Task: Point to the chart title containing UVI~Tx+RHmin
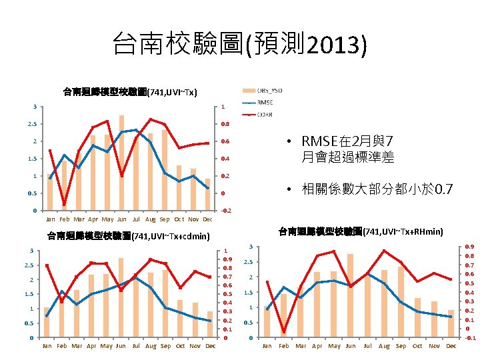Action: point(360,231)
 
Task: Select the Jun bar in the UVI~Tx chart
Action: point(121,163)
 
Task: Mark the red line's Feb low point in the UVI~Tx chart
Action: point(64,204)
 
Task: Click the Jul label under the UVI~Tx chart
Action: point(136,219)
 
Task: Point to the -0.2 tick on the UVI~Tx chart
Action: point(225,211)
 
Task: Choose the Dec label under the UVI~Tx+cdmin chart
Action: point(210,346)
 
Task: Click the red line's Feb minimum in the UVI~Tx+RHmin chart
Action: point(284,331)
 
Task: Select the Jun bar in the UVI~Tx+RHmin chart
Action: point(351,295)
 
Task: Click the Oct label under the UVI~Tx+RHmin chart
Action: point(417,346)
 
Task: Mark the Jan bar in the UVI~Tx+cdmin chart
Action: point(47,322)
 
